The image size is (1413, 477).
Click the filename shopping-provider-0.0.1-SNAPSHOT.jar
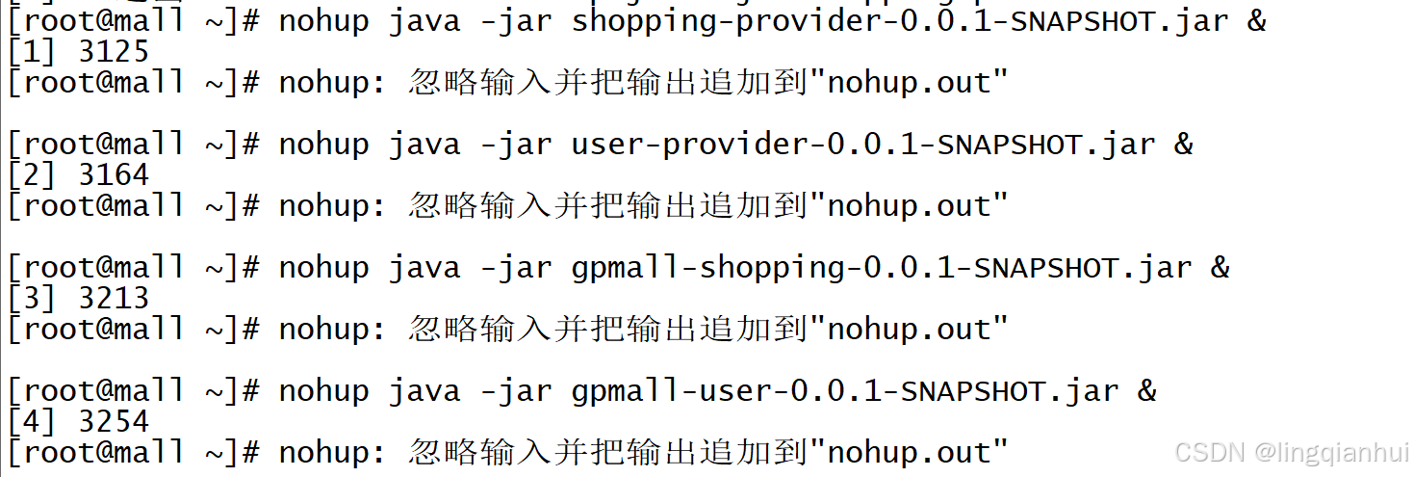[x=900, y=21]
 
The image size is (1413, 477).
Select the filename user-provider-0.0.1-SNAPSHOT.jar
[x=863, y=145]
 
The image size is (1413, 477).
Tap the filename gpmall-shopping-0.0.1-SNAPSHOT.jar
[x=882, y=268]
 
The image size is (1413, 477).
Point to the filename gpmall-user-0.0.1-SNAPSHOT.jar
[x=845, y=391]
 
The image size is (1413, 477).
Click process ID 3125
[x=114, y=51]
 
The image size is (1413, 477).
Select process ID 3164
[x=114, y=174]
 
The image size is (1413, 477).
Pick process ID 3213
[x=114, y=298]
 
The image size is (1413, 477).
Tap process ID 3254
[x=114, y=421]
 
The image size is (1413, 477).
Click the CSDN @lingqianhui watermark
[x=1292, y=452]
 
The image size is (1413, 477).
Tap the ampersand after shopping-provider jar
[x=1257, y=21]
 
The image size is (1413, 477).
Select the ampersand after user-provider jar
[x=1184, y=145]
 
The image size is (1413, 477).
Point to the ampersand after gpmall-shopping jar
[x=1220, y=268]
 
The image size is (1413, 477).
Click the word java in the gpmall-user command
[x=424, y=391]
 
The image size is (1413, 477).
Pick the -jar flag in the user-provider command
[x=516, y=145]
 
